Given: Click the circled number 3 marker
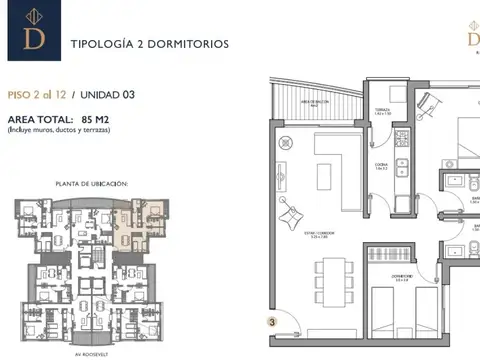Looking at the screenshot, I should click(x=271, y=322).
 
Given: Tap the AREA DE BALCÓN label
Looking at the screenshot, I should click(x=317, y=102).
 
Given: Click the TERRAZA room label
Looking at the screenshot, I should click(x=381, y=111).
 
